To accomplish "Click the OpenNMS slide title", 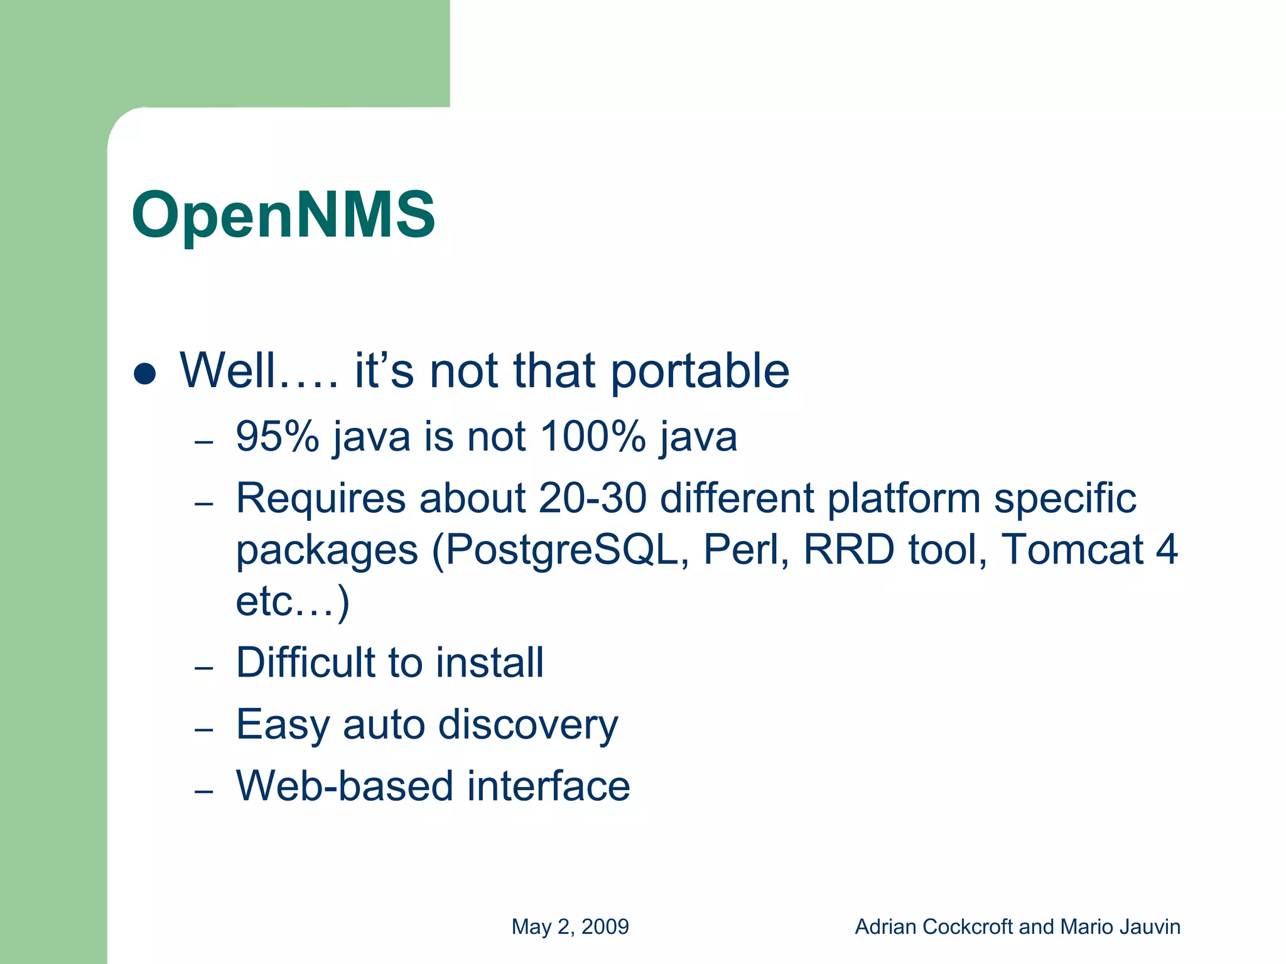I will click(283, 215).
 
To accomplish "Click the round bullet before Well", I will click(145, 374).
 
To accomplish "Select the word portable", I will click(700, 372).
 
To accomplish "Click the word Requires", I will click(321, 499).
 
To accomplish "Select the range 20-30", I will click(592, 499).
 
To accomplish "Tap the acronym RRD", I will click(848, 550).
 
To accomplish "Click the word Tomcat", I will click(1071, 550).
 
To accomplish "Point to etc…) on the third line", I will click(293, 601).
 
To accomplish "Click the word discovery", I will click(527, 726).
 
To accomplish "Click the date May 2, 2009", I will click(570, 926).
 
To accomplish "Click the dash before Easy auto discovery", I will click(204, 730).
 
